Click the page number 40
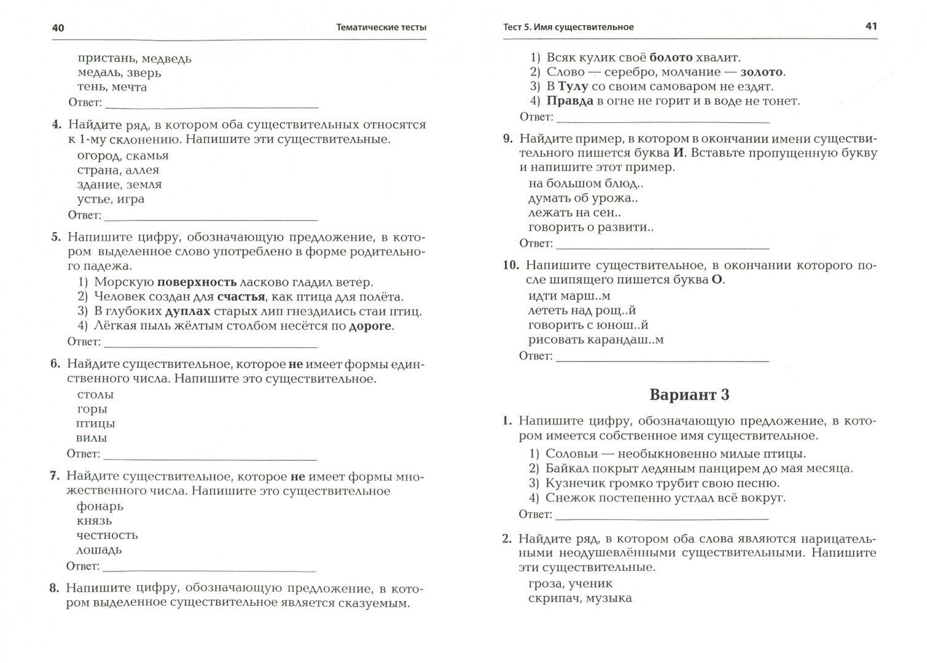tap(58, 28)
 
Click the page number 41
tap(871, 26)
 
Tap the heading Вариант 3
tap(689, 395)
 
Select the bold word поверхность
tap(197, 282)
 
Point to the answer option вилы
tap(92, 438)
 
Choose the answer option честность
tap(107, 535)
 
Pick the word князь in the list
tap(94, 521)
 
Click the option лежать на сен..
tap(574, 213)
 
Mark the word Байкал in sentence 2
tap(566, 468)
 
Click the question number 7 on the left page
tap(54, 476)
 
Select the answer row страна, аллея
tap(118, 170)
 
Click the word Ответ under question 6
tap(84, 454)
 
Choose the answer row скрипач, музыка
tap(580, 598)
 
